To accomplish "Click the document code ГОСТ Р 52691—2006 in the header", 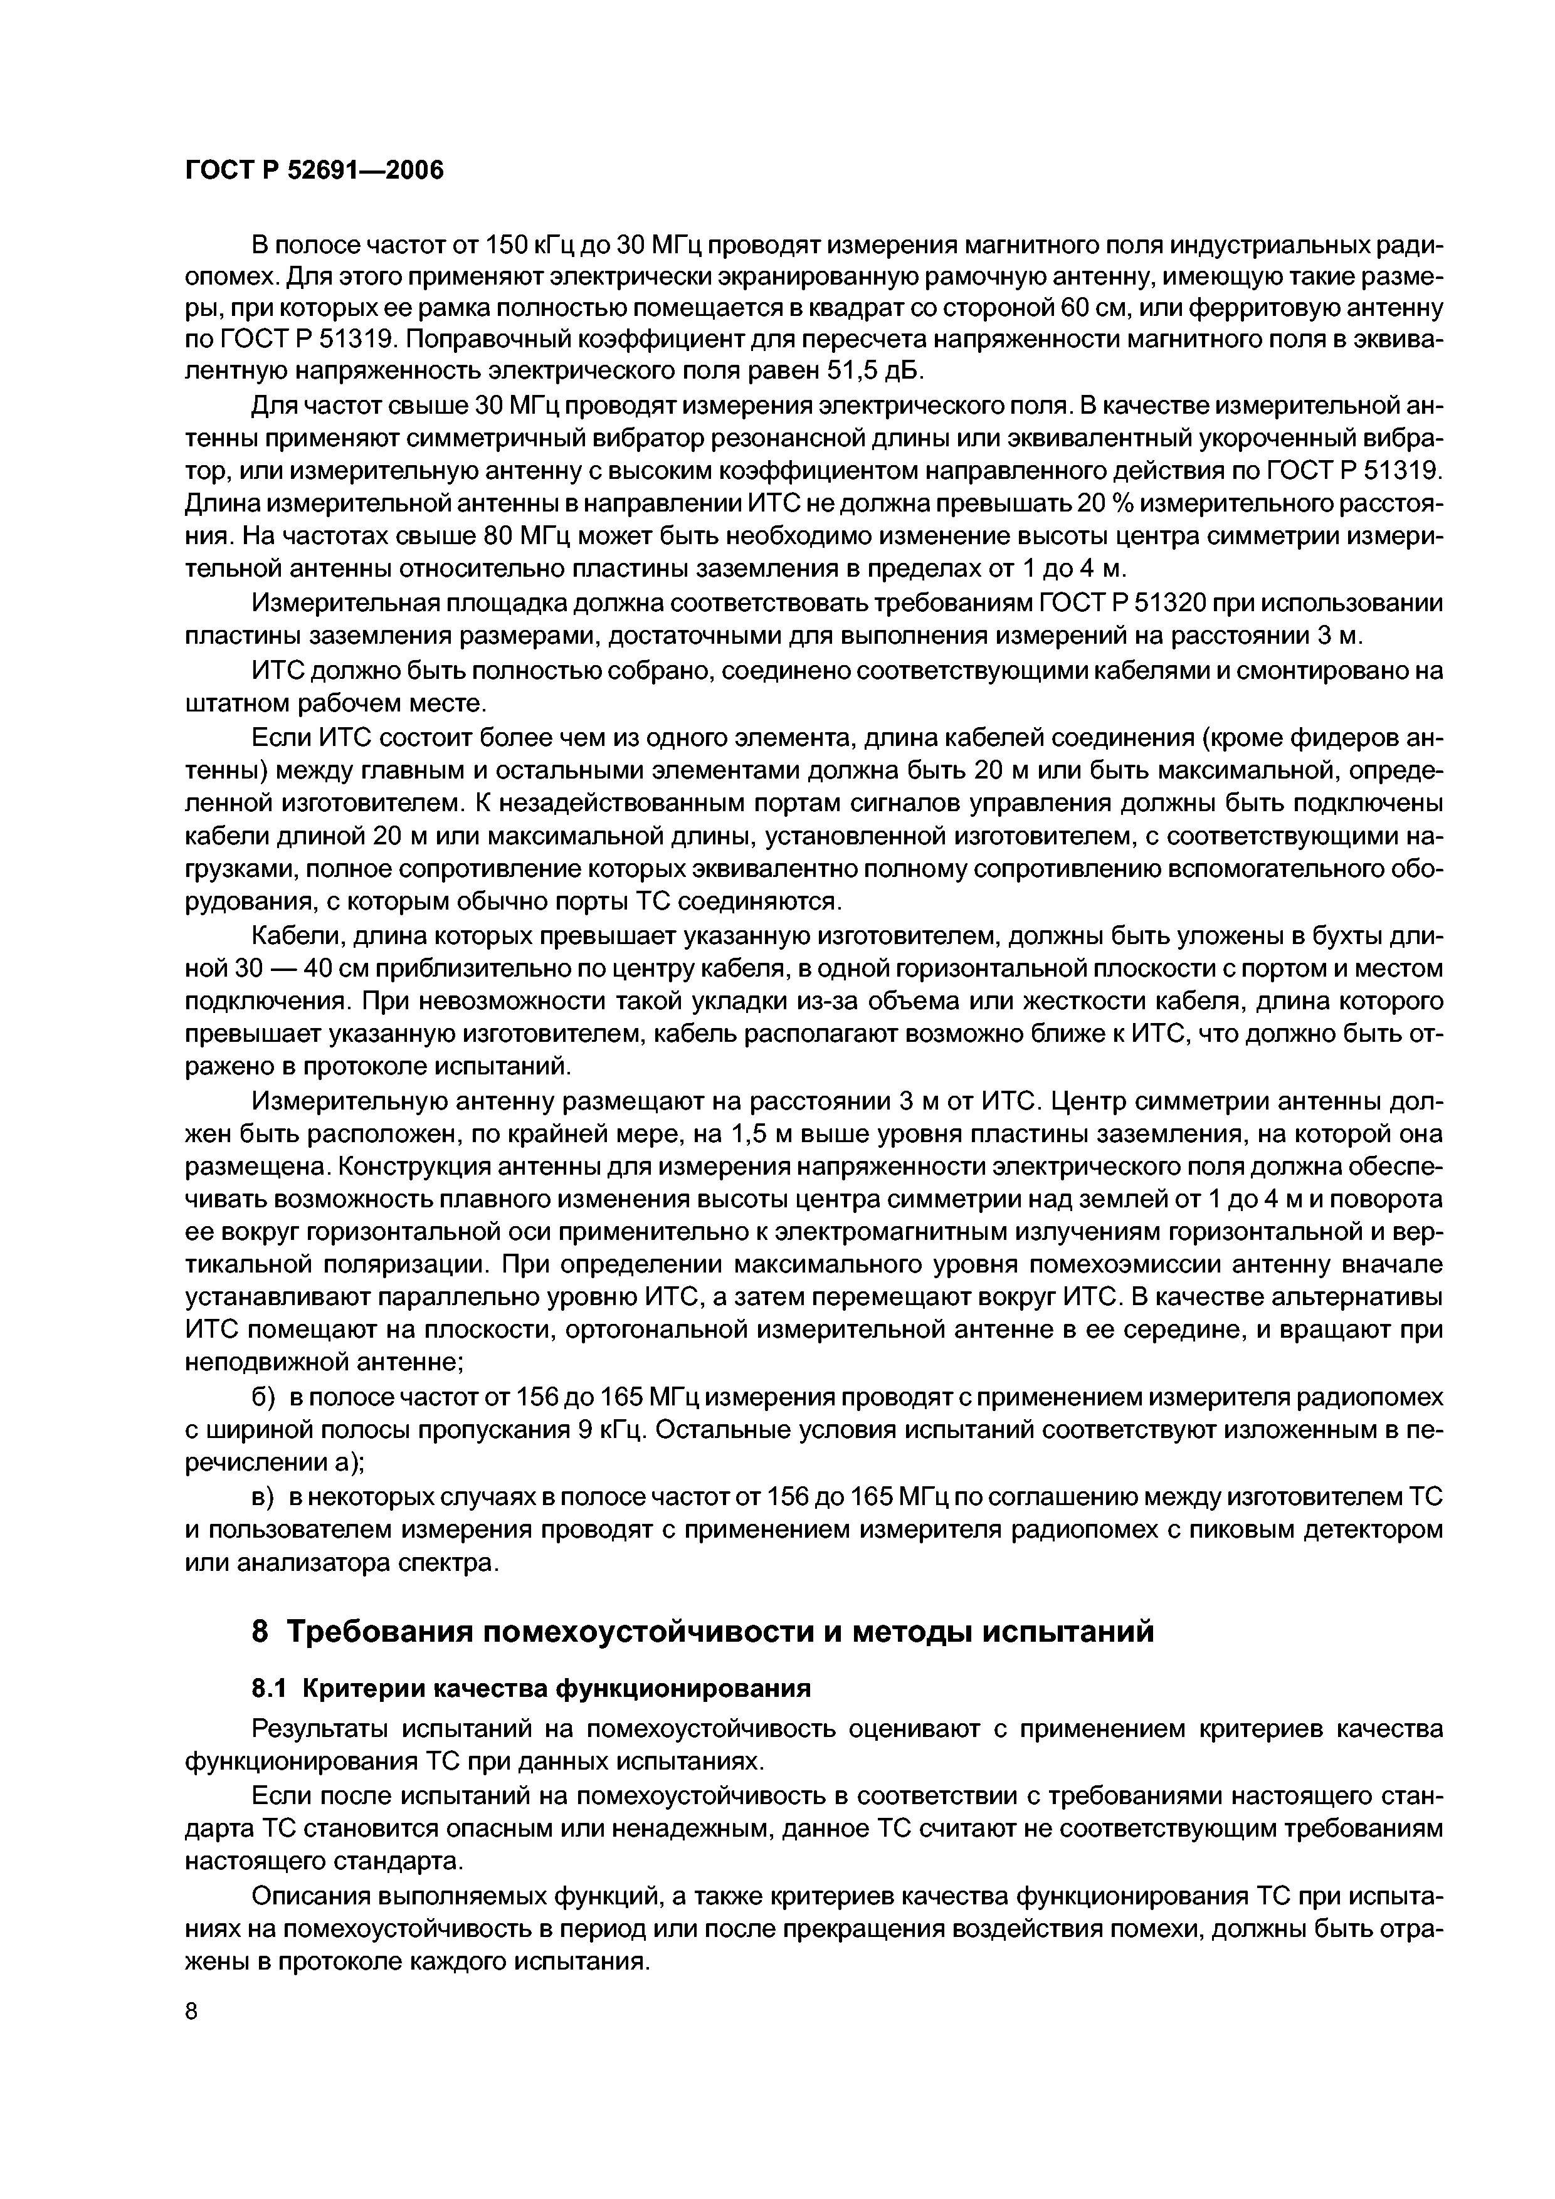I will click(314, 171).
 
